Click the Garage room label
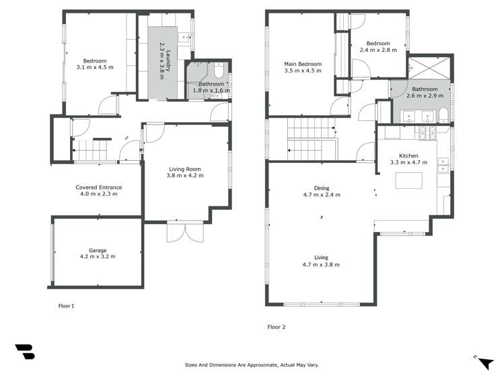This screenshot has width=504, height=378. tap(98, 250)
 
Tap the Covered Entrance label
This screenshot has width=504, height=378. tap(99, 187)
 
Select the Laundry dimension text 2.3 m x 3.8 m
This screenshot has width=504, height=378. tap(161, 61)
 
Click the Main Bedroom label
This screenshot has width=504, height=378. tap(303, 64)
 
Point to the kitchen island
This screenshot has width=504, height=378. tap(409, 180)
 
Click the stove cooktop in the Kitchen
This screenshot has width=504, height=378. tap(428, 133)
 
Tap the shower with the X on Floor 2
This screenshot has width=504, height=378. tap(429, 68)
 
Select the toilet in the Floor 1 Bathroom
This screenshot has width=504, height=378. tap(219, 70)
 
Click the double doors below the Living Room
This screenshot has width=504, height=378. tap(185, 231)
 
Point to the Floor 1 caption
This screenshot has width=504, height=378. tap(66, 306)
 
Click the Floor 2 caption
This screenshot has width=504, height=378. tap(277, 327)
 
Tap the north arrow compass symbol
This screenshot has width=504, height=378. tap(485, 363)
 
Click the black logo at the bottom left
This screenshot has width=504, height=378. tap(25, 352)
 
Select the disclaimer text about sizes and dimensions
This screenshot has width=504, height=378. tap(252, 365)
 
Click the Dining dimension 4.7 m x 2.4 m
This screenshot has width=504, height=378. tap(322, 194)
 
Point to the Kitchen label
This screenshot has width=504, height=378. tap(408, 156)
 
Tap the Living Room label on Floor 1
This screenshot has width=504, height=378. tap(185, 169)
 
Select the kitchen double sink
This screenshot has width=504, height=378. tap(443, 165)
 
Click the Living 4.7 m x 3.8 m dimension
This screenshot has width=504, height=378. tap(321, 264)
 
